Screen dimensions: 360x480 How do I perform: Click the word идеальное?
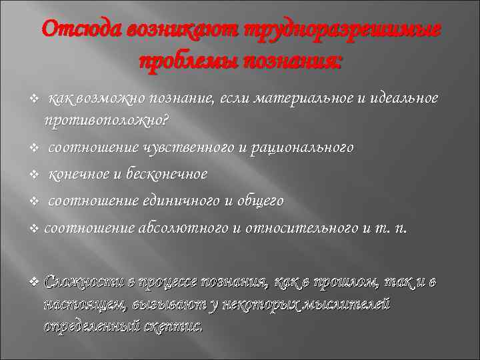[x=403, y=98]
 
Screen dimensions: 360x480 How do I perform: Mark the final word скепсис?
[x=175, y=327]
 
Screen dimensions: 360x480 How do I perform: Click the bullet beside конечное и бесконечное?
[x=35, y=175]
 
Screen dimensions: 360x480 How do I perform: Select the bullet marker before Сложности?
[x=35, y=283]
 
